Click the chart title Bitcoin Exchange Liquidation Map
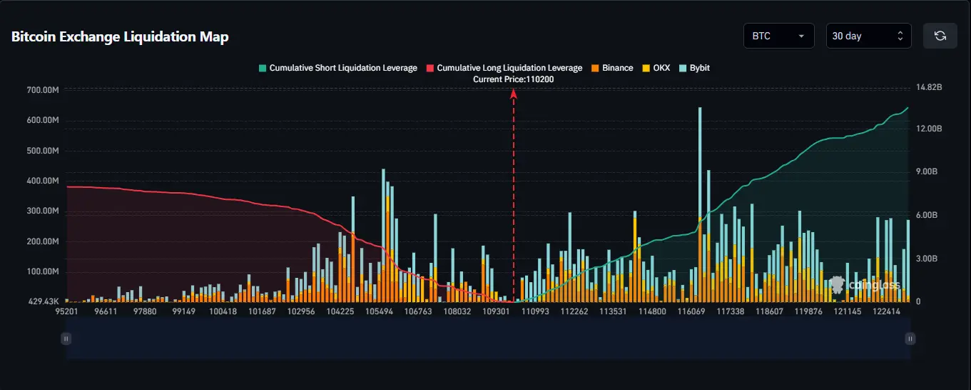[x=120, y=37]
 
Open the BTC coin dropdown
[x=778, y=36]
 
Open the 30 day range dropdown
[x=868, y=36]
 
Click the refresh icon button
[x=940, y=36]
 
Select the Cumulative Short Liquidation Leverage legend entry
[x=337, y=68]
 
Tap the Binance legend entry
[x=612, y=68]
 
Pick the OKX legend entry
[x=656, y=68]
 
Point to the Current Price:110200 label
[x=513, y=79]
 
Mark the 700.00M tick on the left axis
[x=43, y=90]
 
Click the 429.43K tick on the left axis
[x=43, y=302]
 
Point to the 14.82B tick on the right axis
[x=929, y=87]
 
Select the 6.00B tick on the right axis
[x=929, y=215]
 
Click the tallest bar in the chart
[x=699, y=200]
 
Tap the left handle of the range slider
[x=66, y=339]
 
